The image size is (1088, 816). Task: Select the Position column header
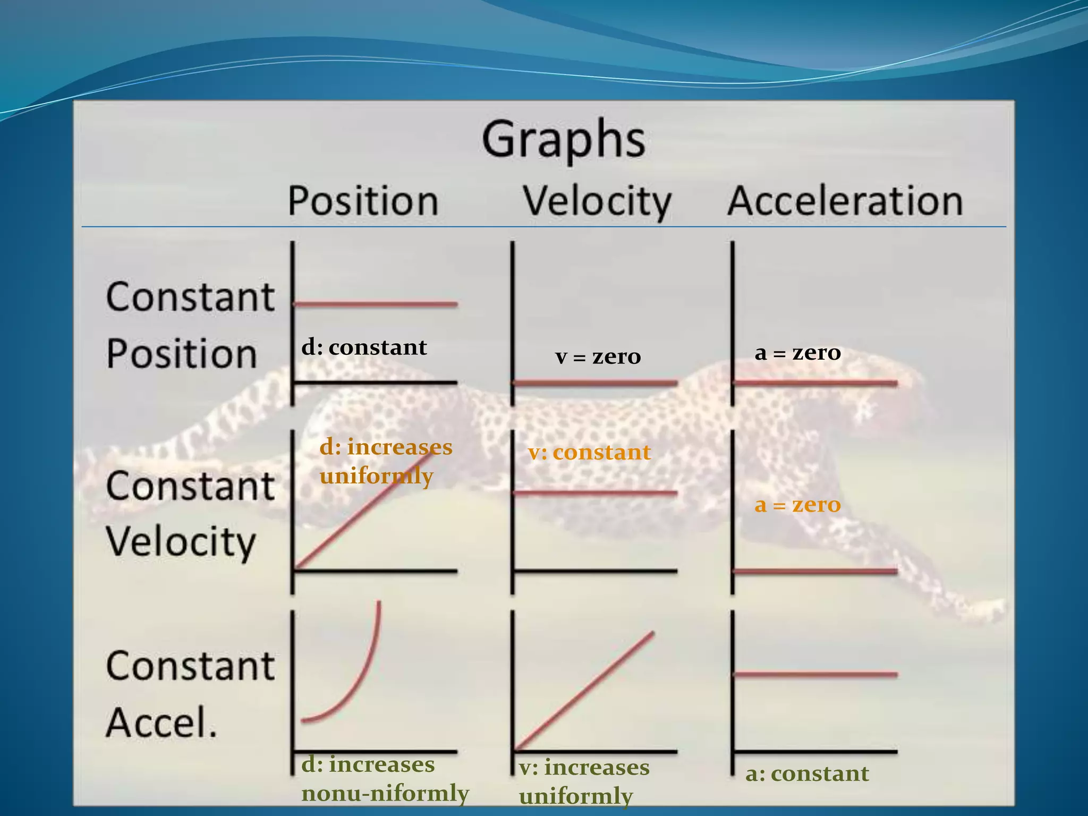(x=363, y=201)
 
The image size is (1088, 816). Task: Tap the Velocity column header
(x=597, y=201)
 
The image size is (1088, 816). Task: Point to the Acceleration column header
(x=845, y=201)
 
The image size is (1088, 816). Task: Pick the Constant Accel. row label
(x=190, y=694)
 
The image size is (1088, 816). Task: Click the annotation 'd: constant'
(x=364, y=347)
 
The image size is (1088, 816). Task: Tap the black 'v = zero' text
(x=598, y=356)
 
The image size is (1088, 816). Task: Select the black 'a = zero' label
(x=797, y=352)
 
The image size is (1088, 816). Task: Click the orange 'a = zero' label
(x=797, y=504)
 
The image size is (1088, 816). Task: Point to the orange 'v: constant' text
(x=589, y=453)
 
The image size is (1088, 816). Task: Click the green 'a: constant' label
(x=807, y=773)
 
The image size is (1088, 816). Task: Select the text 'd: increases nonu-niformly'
(x=385, y=779)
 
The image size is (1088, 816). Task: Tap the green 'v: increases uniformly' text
(x=584, y=781)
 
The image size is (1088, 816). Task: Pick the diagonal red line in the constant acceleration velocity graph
(x=584, y=691)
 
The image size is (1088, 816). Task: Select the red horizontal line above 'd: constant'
(x=375, y=304)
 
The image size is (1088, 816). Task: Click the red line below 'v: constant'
(x=595, y=493)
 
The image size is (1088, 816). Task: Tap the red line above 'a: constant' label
(x=815, y=674)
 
